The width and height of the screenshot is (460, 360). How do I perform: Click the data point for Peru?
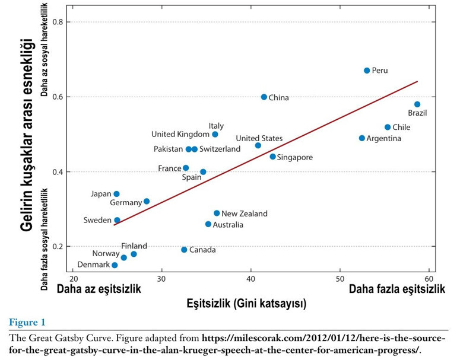coord(367,71)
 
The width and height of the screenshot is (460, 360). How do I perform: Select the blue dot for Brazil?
coord(417,104)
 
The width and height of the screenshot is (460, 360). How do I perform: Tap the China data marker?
coord(264,97)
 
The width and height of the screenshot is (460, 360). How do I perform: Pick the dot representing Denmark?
coord(115,265)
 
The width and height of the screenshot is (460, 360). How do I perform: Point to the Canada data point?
coord(184,250)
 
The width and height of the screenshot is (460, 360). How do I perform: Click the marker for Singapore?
coord(273,157)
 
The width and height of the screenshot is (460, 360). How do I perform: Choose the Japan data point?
coord(116,194)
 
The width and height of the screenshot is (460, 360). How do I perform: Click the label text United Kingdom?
coord(180,135)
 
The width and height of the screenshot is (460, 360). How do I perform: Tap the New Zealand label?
coord(245,214)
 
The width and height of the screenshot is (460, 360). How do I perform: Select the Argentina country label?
coord(384,139)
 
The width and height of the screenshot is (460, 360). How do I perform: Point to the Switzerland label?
coord(220,149)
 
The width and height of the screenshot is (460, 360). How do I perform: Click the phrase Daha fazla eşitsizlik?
coord(397,289)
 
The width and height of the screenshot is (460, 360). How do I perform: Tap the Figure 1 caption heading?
coord(27,323)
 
